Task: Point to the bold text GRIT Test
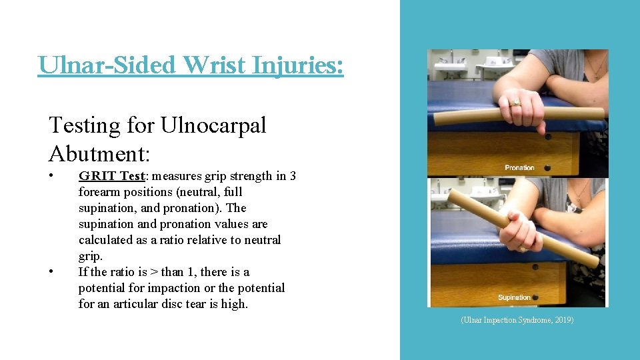tap(111, 176)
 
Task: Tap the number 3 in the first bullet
tap(293, 176)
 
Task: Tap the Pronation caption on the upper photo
tap(519, 168)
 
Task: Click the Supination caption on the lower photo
tap(514, 297)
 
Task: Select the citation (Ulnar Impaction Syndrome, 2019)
tap(517, 320)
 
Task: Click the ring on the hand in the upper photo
tap(515, 103)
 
